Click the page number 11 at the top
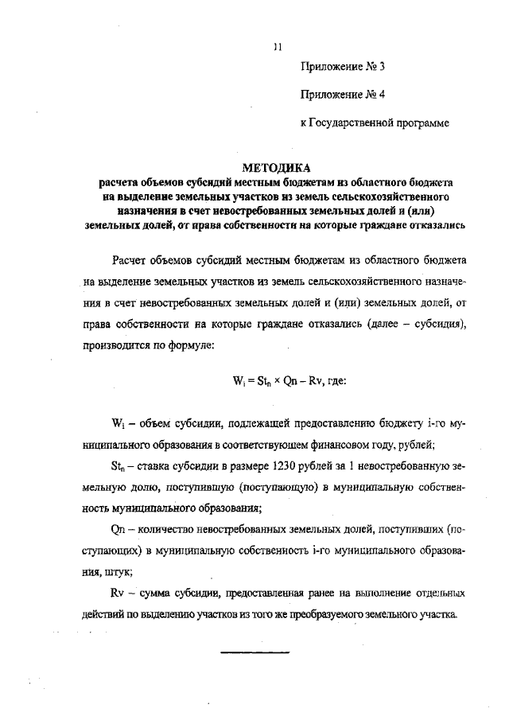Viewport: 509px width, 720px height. click(x=277, y=47)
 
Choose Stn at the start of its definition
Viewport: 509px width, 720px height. click(x=120, y=465)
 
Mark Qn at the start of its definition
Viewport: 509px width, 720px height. click(x=121, y=529)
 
